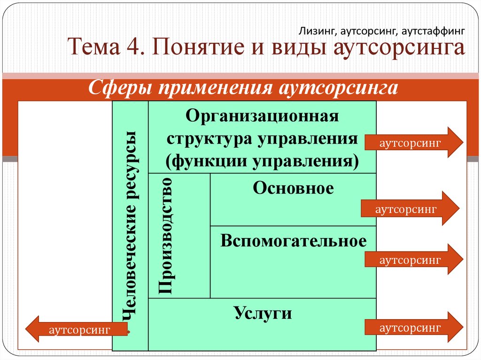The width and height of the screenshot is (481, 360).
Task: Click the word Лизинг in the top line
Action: click(318, 31)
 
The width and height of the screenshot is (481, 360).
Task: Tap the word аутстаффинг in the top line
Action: click(433, 31)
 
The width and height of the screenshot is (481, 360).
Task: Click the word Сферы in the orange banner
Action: click(120, 88)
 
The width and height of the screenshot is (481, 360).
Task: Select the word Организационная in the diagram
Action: click(262, 116)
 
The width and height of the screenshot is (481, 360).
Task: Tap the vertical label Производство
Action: click(165, 236)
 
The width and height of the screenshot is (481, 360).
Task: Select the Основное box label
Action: click(293, 188)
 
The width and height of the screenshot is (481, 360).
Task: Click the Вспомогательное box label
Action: click(293, 241)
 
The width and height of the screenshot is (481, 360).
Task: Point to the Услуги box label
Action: click(263, 313)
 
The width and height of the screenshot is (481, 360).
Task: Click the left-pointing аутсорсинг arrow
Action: click(77, 329)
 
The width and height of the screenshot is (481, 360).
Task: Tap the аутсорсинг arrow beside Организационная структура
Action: click(414, 142)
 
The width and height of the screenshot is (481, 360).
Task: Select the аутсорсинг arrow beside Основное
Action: click(410, 208)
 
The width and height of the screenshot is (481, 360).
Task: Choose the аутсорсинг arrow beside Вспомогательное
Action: click(414, 260)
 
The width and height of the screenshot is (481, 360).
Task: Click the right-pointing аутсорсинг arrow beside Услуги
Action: click(414, 327)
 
